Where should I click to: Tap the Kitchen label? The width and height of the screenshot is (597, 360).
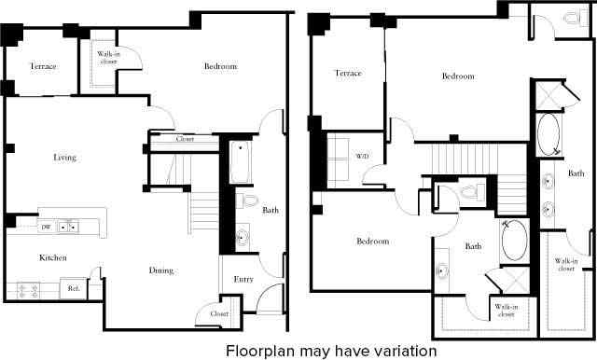coord(52,257)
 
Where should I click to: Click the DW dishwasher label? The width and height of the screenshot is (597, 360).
coord(46,227)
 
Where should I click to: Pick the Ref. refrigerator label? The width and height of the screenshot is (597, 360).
coord(74,289)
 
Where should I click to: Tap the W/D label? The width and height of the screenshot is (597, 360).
coord(362,157)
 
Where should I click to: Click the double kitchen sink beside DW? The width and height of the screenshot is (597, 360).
coord(67,227)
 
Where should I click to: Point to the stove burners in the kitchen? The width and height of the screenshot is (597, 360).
coord(23,290)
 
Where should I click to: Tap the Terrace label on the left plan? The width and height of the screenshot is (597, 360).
coord(43,67)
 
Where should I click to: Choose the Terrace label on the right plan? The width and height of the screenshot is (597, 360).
coord(348,73)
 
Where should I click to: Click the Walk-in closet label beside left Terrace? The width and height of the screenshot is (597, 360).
coord(108,60)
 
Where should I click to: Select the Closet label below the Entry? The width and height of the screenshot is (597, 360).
coord(219,314)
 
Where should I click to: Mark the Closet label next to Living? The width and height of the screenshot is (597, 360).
coord(186,140)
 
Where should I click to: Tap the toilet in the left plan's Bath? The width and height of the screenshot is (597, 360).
coord(246,201)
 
